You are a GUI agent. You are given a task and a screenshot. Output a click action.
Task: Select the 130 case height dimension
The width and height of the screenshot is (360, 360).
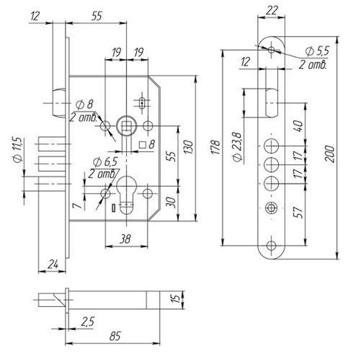click(x=188, y=147)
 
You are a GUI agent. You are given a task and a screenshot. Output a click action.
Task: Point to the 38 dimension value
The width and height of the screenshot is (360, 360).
click(x=125, y=239)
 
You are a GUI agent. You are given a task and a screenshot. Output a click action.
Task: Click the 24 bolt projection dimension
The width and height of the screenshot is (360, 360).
click(x=53, y=264)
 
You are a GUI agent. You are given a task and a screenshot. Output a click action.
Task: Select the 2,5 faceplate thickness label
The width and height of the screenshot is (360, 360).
click(x=87, y=321)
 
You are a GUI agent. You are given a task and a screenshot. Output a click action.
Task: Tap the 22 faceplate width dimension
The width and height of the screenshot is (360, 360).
click(x=271, y=10)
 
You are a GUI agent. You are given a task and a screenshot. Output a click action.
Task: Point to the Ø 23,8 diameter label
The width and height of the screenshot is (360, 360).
click(x=237, y=147)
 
